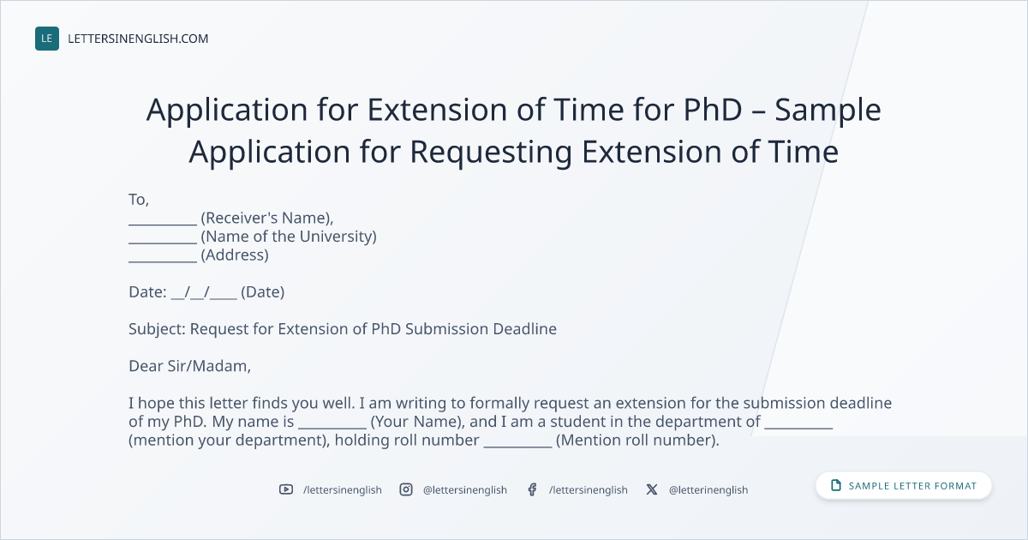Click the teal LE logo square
click(x=47, y=39)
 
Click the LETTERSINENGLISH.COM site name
click(x=138, y=39)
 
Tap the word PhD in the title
click(x=713, y=110)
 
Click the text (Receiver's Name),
click(x=267, y=218)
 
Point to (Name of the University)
click(x=289, y=237)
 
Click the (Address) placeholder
click(x=235, y=255)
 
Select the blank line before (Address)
click(x=163, y=261)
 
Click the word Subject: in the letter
click(x=157, y=329)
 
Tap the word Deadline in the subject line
click(x=524, y=329)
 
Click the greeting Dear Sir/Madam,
click(x=189, y=366)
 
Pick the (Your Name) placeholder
click(x=415, y=422)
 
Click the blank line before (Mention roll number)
click(x=517, y=447)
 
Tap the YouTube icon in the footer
click(x=286, y=489)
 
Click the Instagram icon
click(x=406, y=489)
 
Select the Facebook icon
click(x=532, y=489)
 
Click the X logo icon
click(x=652, y=489)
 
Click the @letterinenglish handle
click(x=708, y=490)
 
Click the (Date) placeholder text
click(x=262, y=292)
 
